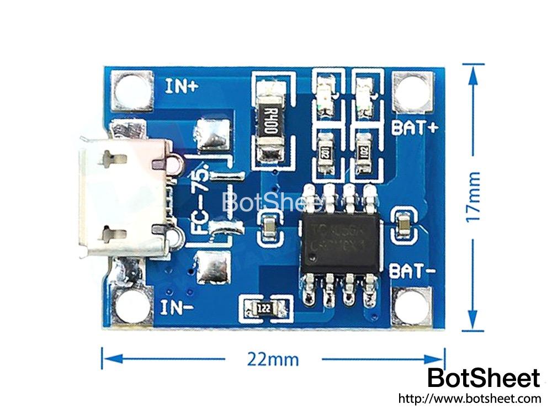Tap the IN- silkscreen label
click(177, 307)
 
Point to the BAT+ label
click(415, 128)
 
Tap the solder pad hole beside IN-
click(133, 307)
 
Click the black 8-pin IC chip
click(339, 242)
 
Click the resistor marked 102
click(363, 151)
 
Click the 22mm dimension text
click(273, 360)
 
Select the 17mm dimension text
click(474, 197)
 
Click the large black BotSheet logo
click(484, 378)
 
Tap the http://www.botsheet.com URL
click(469, 399)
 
